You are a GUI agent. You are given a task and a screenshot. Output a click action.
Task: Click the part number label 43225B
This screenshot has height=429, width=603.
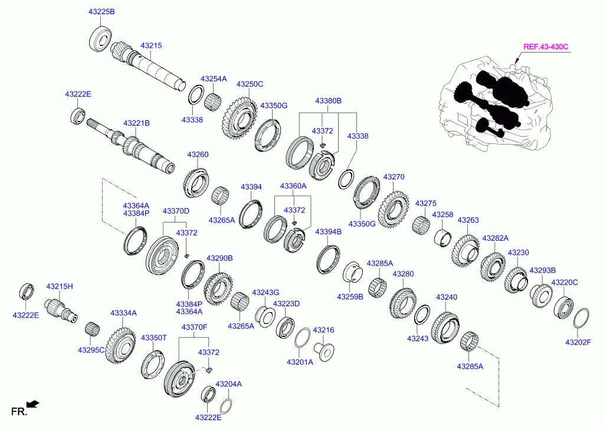point(102,12)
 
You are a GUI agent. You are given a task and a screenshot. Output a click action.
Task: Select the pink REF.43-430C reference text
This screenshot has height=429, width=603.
point(549,47)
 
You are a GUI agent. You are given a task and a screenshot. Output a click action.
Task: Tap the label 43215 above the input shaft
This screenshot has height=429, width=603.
point(150,45)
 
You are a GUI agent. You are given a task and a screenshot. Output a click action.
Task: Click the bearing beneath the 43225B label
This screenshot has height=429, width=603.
point(101,38)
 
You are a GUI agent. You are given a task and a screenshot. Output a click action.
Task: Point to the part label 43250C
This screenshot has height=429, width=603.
point(250,84)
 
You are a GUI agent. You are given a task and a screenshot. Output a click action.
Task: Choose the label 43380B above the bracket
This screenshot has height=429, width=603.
point(328,101)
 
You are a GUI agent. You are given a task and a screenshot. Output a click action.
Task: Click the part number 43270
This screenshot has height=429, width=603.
point(394,176)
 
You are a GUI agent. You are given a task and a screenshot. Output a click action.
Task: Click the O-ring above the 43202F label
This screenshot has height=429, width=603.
point(581,317)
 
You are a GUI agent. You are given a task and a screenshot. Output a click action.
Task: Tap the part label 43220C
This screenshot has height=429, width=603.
point(565,283)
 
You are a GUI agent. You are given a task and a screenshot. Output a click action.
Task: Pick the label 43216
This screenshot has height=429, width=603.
point(323,330)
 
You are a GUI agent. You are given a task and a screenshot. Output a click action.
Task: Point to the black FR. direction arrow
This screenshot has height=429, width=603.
point(33,404)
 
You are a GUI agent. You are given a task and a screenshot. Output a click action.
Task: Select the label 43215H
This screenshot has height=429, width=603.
point(61,286)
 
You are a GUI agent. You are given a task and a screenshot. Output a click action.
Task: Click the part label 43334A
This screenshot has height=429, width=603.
point(123,313)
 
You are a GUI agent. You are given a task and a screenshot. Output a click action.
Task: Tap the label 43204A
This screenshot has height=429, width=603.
point(228,384)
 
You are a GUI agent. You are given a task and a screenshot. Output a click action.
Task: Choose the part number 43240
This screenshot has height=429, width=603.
point(446,297)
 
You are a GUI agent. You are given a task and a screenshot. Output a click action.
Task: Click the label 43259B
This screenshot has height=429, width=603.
point(350,296)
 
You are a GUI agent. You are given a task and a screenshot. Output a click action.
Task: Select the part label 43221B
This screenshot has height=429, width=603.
point(136,123)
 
